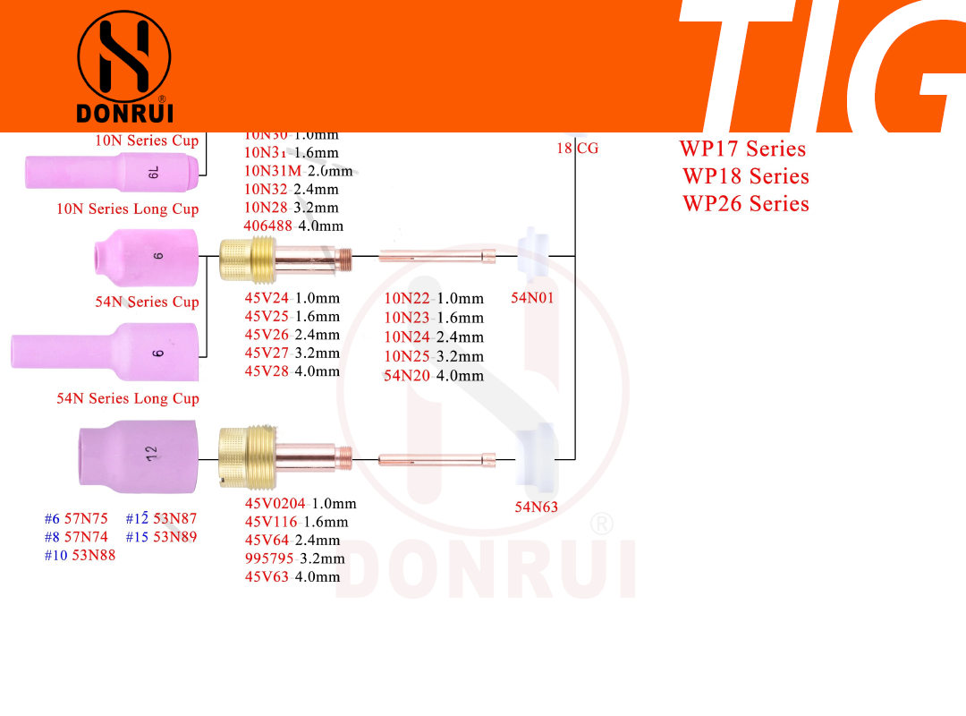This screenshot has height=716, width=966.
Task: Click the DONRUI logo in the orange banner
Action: [x=124, y=66]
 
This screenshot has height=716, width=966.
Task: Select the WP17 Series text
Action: [x=742, y=149]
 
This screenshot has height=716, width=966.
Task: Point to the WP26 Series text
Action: [x=745, y=203]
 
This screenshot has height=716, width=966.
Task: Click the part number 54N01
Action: [x=532, y=298]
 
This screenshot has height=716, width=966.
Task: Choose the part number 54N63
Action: [x=536, y=507]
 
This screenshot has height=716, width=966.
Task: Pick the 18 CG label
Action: [x=577, y=148]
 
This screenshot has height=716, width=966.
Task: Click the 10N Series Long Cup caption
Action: [x=128, y=209]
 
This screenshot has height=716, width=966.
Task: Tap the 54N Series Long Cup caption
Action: [x=128, y=398]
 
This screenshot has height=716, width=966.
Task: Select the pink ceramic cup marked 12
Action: [x=139, y=456]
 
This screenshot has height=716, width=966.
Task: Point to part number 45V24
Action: [x=267, y=298]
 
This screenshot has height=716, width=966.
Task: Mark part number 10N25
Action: [x=407, y=356]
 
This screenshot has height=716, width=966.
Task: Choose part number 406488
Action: [x=267, y=226]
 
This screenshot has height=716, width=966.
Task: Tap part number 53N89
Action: [x=174, y=537]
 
